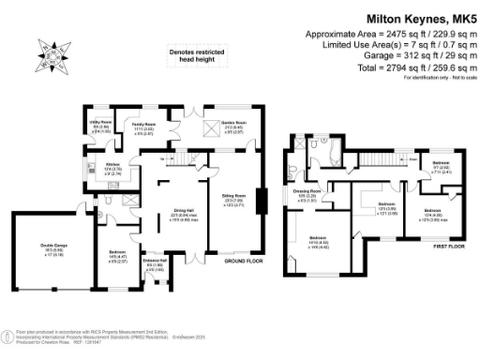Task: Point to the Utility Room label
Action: (101, 126)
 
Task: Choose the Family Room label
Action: (142, 126)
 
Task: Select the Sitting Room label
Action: (233, 198)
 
